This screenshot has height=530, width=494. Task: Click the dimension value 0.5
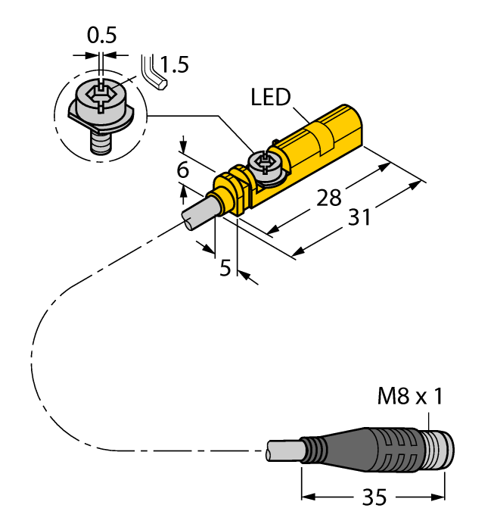point(102,35)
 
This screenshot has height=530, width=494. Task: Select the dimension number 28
point(328,198)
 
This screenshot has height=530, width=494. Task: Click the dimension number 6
point(182,170)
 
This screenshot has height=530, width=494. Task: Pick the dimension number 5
point(225,268)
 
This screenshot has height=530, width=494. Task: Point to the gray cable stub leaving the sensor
point(197,209)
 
